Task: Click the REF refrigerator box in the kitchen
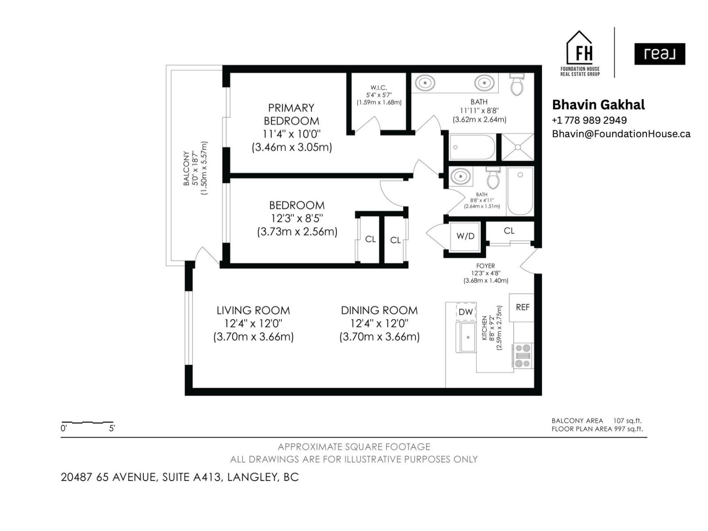click(522, 307)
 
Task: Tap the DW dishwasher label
click(466, 312)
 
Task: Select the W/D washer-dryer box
click(465, 236)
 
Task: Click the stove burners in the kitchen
click(523, 356)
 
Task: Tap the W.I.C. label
click(379, 88)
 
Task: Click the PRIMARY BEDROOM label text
click(291, 114)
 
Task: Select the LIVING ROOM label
click(253, 311)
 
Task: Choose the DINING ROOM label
click(379, 311)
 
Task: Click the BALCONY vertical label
click(186, 168)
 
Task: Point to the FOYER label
click(485, 266)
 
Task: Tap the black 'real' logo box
click(659, 54)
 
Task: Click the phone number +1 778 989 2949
click(589, 120)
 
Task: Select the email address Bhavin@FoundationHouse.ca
click(621, 134)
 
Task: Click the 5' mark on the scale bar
click(112, 428)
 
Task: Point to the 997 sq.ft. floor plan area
click(628, 429)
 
